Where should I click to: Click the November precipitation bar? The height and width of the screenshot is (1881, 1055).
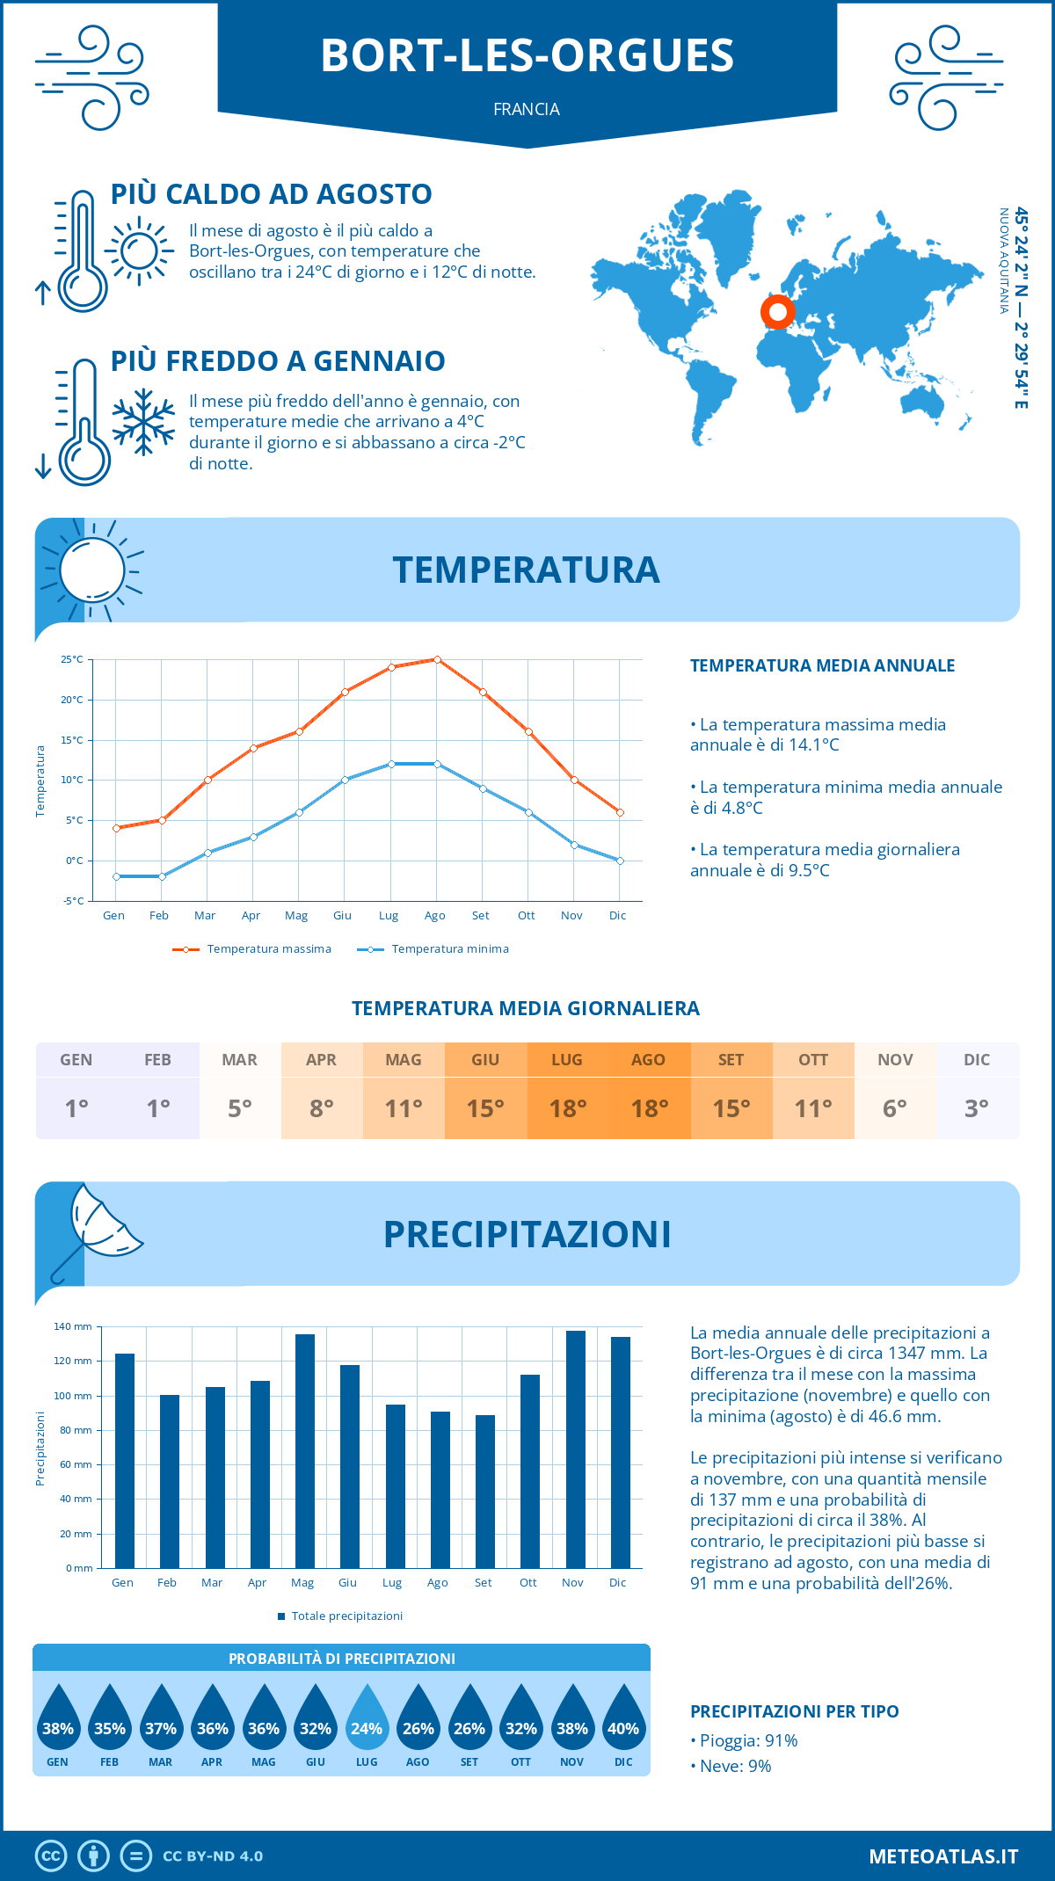coord(576,1449)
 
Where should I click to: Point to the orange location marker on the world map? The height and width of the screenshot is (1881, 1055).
coord(777,311)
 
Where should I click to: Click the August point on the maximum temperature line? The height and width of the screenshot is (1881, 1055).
coord(437,659)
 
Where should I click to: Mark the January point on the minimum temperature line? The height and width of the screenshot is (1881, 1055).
coord(116,876)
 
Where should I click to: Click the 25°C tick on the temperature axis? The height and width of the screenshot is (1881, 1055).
coord(72,659)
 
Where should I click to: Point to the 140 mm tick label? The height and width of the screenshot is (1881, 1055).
coord(73,1326)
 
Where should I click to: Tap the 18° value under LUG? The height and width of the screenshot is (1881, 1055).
coord(567,1108)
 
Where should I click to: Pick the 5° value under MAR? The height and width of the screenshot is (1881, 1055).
coord(240,1108)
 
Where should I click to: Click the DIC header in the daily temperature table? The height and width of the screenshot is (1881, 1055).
coord(977,1060)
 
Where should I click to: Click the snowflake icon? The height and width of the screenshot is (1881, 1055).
coord(143,422)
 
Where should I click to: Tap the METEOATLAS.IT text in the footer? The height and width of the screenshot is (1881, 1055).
coord(942,1856)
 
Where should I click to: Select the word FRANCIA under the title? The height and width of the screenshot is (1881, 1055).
coord(527,109)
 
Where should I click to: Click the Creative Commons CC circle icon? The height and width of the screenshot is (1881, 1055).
coord(51,1856)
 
